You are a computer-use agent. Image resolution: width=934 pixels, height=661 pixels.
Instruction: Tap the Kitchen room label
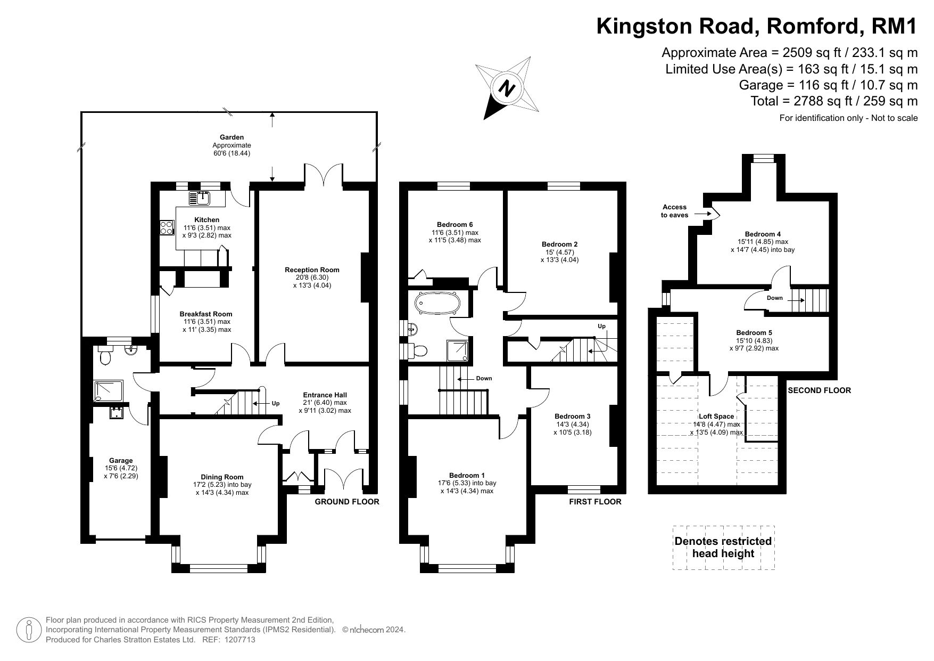[x=206, y=219]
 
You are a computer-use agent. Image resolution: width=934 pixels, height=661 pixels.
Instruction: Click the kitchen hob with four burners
[x=167, y=227]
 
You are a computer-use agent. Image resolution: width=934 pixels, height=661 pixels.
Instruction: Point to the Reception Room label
[x=312, y=270]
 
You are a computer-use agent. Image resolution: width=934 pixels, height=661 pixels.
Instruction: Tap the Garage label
[x=121, y=461]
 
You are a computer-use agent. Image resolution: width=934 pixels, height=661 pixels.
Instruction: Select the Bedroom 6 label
[x=454, y=224]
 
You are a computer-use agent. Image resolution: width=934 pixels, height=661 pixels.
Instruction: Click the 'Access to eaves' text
[x=674, y=211]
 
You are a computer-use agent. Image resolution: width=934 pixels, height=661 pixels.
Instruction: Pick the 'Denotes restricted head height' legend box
[x=723, y=548]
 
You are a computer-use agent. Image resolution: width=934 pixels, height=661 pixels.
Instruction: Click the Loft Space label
[x=716, y=417]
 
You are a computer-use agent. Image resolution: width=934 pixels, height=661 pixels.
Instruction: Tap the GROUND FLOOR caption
[x=347, y=502]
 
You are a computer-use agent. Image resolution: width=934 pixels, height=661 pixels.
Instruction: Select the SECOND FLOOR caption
[x=819, y=390]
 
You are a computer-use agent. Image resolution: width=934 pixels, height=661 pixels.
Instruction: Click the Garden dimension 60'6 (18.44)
[x=232, y=153]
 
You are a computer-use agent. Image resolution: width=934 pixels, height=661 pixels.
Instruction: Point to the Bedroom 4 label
[x=763, y=234]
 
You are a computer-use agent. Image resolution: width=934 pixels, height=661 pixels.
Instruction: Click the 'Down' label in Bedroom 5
[x=775, y=298]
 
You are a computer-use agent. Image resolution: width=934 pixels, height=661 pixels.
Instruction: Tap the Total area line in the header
[x=834, y=101]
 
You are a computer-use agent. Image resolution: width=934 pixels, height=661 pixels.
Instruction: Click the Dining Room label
[x=222, y=477]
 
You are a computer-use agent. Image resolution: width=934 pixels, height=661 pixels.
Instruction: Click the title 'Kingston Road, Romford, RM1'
[x=757, y=26]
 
